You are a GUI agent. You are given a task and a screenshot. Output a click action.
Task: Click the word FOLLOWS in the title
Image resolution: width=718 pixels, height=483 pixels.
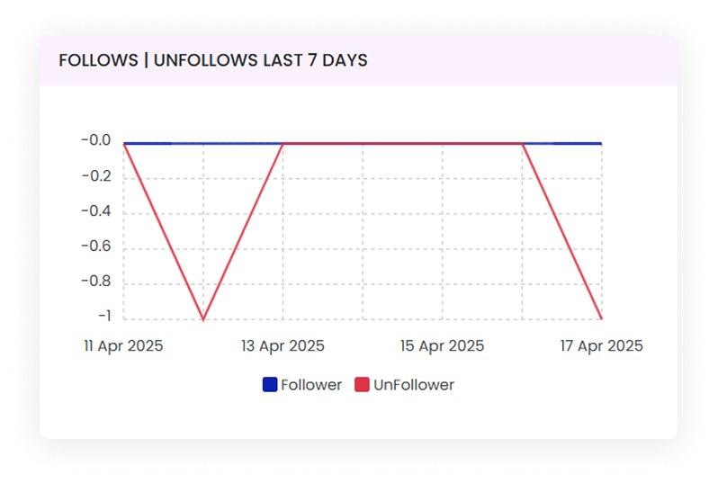click(x=94, y=60)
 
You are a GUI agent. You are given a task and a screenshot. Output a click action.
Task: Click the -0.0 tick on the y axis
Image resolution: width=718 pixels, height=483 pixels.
click(x=94, y=141)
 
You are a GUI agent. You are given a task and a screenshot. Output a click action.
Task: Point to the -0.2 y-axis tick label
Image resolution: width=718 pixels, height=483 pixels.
click(x=94, y=176)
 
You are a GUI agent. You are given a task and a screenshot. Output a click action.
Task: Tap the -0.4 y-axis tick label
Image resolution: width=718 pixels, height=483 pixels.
click(x=94, y=211)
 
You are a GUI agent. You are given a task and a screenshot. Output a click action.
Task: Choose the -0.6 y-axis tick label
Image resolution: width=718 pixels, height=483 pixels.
click(x=94, y=246)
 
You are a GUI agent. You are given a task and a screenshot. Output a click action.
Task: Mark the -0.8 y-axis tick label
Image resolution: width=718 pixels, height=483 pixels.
click(x=94, y=282)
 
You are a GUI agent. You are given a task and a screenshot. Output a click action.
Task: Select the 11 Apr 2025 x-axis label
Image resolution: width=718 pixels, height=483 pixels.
click(x=123, y=346)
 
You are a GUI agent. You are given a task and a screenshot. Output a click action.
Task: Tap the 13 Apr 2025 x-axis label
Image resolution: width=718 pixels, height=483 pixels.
click(x=283, y=346)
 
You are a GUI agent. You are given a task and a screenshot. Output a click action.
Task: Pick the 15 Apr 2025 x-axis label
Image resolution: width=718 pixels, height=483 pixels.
click(x=442, y=346)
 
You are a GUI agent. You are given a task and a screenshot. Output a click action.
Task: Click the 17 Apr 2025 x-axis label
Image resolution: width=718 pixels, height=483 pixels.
click(x=601, y=346)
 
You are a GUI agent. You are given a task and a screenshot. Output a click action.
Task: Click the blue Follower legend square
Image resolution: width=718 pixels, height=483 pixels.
click(x=270, y=385)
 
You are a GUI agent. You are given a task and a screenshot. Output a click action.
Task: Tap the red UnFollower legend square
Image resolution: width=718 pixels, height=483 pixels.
click(x=363, y=385)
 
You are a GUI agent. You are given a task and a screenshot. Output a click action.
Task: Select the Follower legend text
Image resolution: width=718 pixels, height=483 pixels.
click(x=311, y=385)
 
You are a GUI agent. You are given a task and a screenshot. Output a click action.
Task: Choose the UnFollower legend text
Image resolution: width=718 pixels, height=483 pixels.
click(x=414, y=385)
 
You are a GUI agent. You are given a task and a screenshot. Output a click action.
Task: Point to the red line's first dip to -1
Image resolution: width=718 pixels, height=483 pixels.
click(x=203, y=318)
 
